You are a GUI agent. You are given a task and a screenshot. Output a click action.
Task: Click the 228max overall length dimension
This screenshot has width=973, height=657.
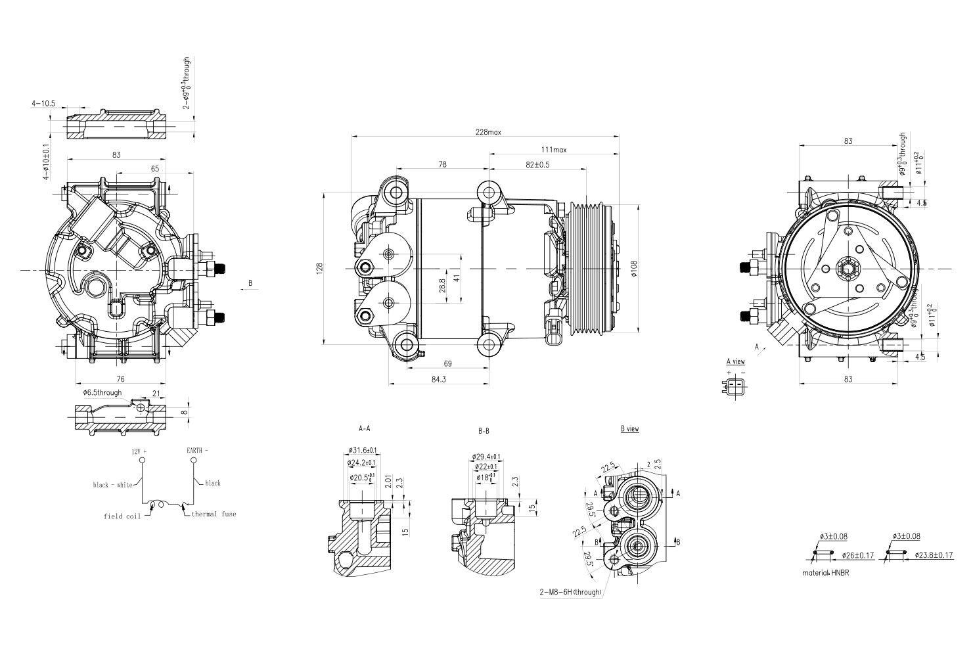(x=488, y=131)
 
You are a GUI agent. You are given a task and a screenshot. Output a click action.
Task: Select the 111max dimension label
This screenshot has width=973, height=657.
(x=553, y=150)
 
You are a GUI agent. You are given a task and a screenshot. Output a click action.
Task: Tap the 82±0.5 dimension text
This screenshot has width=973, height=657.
(x=537, y=164)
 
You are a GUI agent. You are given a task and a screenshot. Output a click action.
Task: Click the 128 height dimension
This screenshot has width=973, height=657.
(x=319, y=268)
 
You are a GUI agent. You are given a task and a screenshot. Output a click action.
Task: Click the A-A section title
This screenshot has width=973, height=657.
(x=364, y=428)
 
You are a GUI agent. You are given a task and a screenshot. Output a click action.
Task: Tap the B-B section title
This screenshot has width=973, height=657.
(x=483, y=432)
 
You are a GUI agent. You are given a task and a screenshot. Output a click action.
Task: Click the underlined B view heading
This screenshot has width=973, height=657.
(x=629, y=429)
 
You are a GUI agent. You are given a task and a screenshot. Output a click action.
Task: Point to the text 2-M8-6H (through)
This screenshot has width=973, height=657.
(x=570, y=592)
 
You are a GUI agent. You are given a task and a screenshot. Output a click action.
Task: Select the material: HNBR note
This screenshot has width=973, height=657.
(x=825, y=573)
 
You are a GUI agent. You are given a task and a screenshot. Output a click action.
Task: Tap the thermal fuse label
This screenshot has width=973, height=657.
(x=214, y=514)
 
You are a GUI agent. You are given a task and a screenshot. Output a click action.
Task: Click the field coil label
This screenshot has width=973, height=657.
(x=122, y=516)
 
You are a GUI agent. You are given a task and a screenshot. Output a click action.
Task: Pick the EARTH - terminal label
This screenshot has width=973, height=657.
(x=197, y=451)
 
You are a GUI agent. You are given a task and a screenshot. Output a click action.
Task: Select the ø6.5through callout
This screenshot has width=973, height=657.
(x=102, y=393)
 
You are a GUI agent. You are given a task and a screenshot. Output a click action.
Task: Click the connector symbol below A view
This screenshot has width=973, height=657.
(x=736, y=386)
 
